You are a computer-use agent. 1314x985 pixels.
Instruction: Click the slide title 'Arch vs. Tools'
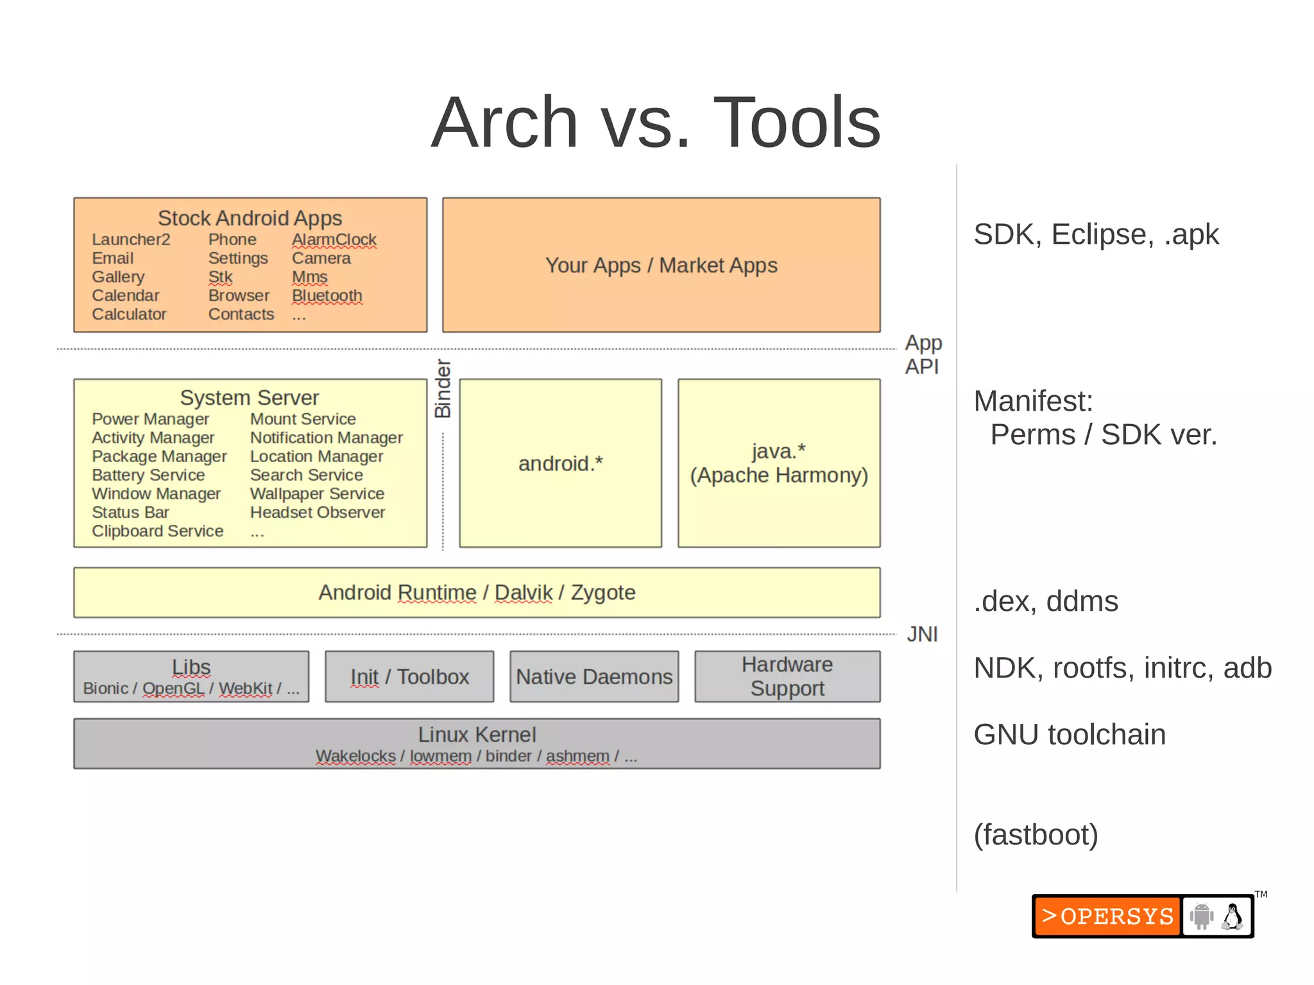(x=656, y=123)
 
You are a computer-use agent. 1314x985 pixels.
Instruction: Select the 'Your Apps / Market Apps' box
(x=661, y=265)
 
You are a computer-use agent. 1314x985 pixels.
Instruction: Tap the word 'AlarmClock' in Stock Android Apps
(x=334, y=239)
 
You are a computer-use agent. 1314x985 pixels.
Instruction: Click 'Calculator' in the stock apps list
(x=129, y=314)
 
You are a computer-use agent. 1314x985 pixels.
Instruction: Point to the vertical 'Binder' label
(x=443, y=389)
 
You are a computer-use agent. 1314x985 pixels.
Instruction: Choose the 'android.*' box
(x=560, y=463)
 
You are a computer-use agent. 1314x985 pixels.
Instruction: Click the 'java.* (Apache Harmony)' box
(x=778, y=463)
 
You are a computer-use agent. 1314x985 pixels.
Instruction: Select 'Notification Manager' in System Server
(x=326, y=438)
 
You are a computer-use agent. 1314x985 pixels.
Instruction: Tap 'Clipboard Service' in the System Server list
(x=157, y=531)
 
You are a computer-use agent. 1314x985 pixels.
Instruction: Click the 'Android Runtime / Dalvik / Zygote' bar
(x=476, y=592)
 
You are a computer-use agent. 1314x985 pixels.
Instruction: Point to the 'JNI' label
(x=921, y=634)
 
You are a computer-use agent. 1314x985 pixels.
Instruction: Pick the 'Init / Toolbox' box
(x=409, y=676)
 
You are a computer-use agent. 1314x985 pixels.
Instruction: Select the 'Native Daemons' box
(x=594, y=676)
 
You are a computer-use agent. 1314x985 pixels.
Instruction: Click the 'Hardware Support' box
(x=787, y=676)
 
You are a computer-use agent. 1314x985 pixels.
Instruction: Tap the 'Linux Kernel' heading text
(x=476, y=734)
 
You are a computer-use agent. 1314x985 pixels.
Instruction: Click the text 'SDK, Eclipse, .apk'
(x=1095, y=234)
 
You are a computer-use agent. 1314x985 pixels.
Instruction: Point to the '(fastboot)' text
(x=1036, y=834)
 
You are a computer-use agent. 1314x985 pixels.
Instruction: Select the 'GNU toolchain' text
(x=1069, y=734)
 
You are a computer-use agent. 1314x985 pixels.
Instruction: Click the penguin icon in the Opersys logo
(x=1232, y=916)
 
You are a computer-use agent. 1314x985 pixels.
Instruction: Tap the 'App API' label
(x=923, y=354)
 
